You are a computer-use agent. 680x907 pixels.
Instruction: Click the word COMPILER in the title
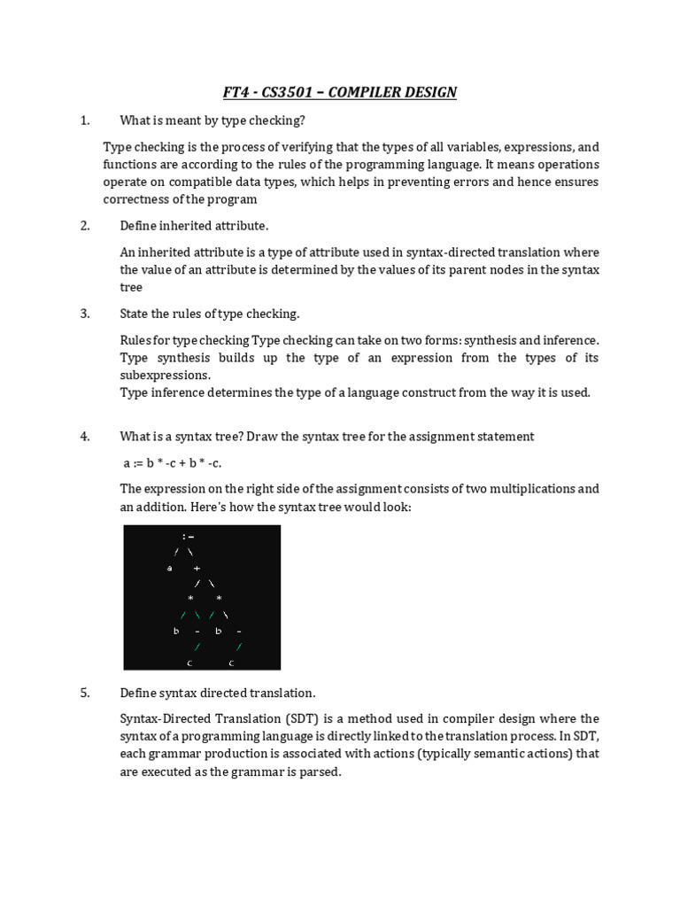(x=361, y=92)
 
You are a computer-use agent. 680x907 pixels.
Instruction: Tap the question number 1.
(x=85, y=120)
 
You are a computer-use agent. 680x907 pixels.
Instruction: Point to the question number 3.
(x=85, y=314)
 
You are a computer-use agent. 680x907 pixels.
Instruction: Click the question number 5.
(x=85, y=693)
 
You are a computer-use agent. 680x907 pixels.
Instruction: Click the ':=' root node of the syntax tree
(x=188, y=537)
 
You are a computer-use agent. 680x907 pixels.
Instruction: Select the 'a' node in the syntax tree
(x=169, y=569)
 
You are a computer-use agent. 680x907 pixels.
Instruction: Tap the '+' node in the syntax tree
(x=197, y=569)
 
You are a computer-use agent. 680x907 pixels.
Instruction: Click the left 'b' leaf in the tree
(x=176, y=632)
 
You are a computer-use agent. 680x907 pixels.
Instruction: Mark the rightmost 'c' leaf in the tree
(x=231, y=663)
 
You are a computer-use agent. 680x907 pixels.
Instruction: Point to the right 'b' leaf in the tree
(x=218, y=632)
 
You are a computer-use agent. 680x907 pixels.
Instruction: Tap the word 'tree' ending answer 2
(x=131, y=287)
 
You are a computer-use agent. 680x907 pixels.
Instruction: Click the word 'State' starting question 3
(x=135, y=314)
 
